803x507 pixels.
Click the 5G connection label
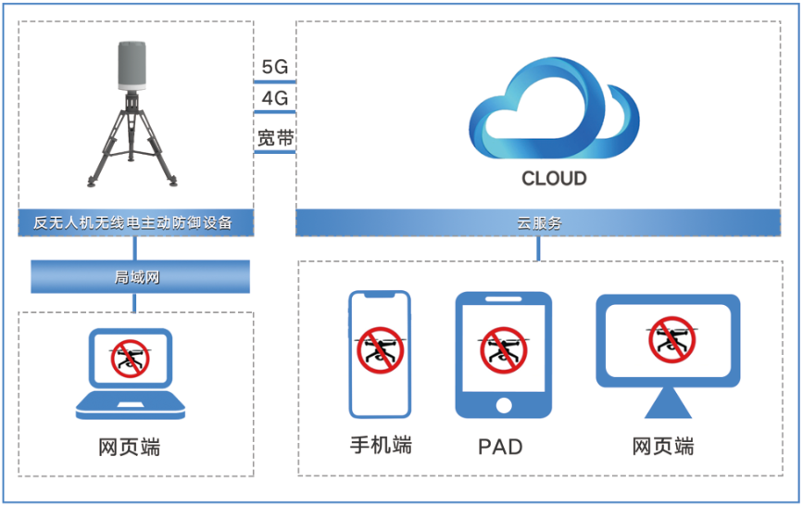(274, 67)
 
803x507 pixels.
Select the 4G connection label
(274, 97)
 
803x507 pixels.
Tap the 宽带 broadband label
(274, 138)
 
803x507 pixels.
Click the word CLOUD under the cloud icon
(554, 178)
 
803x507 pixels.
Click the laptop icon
(130, 373)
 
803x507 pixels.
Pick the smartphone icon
(379, 354)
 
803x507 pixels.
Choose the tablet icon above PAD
(503, 355)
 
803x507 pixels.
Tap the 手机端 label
(380, 446)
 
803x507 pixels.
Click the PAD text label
(500, 448)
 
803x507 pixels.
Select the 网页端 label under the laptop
(130, 448)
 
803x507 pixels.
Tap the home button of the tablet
(504, 405)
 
